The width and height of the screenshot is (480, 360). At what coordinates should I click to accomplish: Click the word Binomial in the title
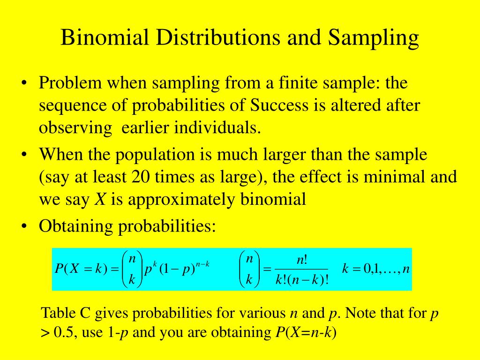point(105,38)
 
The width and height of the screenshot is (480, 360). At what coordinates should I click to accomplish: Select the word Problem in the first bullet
point(70,83)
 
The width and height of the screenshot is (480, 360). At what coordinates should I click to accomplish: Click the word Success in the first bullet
point(277,105)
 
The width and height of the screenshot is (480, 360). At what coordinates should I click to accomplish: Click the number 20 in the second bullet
point(141,177)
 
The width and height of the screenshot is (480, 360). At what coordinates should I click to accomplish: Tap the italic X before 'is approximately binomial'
point(100,200)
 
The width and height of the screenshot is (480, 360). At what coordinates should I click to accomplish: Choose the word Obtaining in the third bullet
point(75,226)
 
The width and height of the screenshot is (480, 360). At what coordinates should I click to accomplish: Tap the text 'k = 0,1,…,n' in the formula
point(375,270)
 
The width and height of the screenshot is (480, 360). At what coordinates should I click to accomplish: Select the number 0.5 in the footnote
point(65,333)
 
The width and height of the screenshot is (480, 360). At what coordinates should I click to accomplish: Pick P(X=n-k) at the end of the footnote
point(306,333)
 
